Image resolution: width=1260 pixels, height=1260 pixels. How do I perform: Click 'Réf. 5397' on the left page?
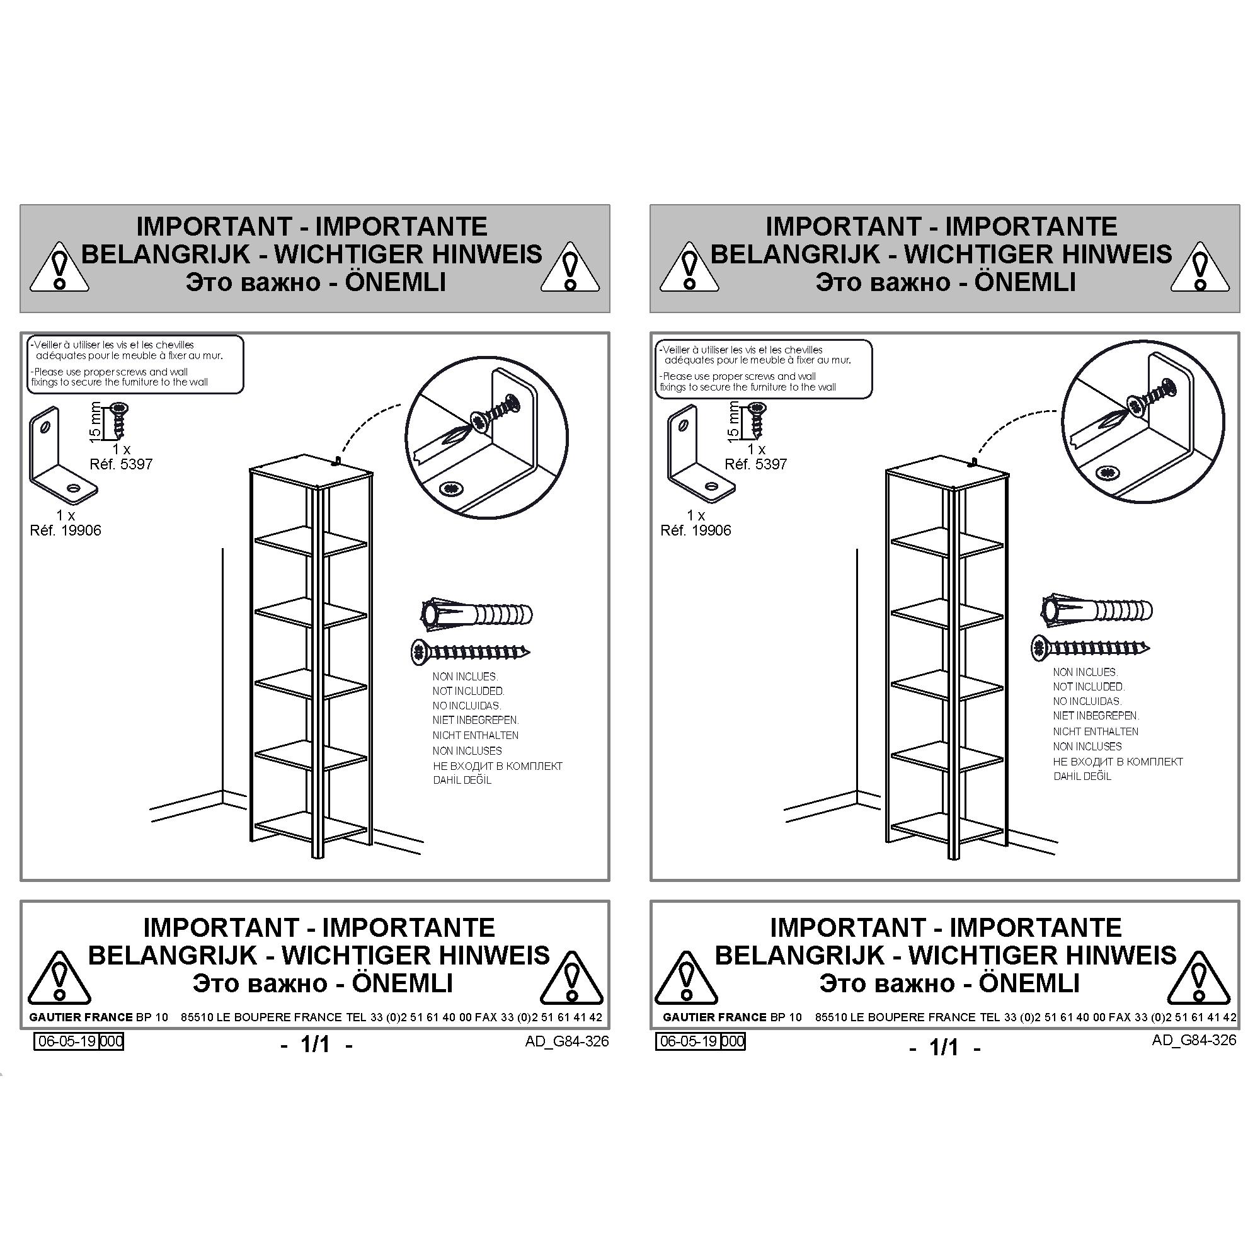(121, 464)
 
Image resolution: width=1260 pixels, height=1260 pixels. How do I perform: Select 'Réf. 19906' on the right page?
(696, 531)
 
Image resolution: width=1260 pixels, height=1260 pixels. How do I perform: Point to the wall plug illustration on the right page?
(1096, 610)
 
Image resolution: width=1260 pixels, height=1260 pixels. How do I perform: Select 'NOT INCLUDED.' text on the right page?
(1089, 687)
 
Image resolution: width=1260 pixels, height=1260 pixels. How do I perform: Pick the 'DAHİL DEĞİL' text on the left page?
(462, 780)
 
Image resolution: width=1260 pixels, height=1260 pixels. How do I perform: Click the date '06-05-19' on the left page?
(68, 1041)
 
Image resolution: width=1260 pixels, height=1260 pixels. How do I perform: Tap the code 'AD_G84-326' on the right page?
(1193, 1040)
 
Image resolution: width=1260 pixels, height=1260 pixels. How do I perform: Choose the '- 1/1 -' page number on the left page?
(316, 1045)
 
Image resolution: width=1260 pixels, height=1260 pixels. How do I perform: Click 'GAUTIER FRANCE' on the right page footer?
(714, 1017)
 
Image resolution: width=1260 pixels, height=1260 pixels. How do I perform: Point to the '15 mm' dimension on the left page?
(95, 422)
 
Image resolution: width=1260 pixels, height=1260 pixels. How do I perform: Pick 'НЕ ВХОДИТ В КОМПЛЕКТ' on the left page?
(498, 766)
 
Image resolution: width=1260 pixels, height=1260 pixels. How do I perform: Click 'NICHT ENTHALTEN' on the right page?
(1095, 731)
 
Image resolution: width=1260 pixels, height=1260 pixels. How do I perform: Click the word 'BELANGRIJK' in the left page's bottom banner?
(173, 956)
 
